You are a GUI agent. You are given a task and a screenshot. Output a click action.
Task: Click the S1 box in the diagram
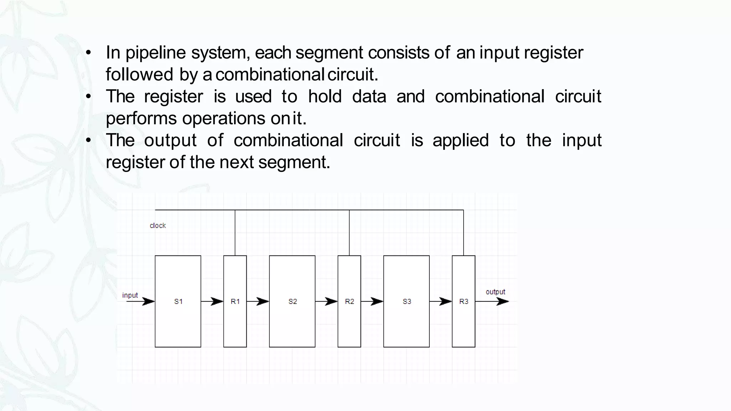[x=178, y=301]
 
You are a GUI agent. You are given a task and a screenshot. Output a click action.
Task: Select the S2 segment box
[x=292, y=301]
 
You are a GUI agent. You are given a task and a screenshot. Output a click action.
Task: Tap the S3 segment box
[x=406, y=301]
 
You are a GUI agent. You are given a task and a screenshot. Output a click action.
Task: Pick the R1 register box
[x=235, y=301]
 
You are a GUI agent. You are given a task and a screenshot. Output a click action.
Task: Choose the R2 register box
[x=349, y=301]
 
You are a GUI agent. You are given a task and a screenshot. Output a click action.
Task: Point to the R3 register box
[x=463, y=301]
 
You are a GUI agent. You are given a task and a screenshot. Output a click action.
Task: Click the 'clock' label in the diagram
[x=158, y=225]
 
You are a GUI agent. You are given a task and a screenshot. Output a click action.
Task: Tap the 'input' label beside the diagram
[x=130, y=295]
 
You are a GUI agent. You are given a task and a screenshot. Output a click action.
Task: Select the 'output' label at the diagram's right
[x=495, y=292]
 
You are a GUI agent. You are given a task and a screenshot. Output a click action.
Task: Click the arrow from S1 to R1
[x=212, y=301]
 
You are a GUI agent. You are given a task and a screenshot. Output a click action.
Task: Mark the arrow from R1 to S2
[x=258, y=301]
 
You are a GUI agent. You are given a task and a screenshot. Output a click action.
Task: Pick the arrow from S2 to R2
[x=327, y=301]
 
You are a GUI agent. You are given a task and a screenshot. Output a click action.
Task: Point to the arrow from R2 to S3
[x=372, y=301]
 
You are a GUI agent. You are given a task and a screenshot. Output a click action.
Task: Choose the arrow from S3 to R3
[x=441, y=301]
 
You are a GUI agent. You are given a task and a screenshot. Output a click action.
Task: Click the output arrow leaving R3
[x=493, y=301]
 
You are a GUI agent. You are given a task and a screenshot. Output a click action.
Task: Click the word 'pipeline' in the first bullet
[x=156, y=53]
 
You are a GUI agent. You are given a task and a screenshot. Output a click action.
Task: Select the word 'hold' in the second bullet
[x=325, y=96]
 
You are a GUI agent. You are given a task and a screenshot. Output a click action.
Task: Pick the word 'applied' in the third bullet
[x=460, y=140]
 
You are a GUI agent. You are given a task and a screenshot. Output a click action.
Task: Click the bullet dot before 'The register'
[x=89, y=97]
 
